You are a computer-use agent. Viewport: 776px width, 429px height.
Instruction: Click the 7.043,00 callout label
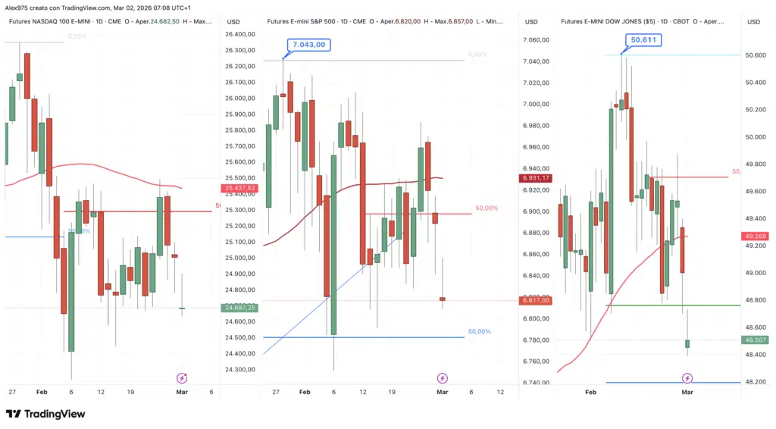309,45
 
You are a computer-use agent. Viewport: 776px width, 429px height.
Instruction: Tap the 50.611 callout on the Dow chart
642,39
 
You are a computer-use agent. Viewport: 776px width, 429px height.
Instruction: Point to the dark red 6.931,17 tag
536,178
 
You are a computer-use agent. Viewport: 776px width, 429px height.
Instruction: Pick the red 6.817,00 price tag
536,301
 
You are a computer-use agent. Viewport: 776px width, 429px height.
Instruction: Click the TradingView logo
45,414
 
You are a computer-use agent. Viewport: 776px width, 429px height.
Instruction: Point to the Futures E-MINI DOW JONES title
608,21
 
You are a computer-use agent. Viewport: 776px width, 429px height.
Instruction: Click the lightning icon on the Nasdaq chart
182,377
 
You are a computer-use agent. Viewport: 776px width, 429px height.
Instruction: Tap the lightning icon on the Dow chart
687,377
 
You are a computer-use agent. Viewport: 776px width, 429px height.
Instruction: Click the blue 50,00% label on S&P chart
479,332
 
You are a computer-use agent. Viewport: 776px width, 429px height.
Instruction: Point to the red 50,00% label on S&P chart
487,208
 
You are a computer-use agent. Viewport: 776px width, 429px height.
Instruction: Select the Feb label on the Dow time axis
591,393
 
